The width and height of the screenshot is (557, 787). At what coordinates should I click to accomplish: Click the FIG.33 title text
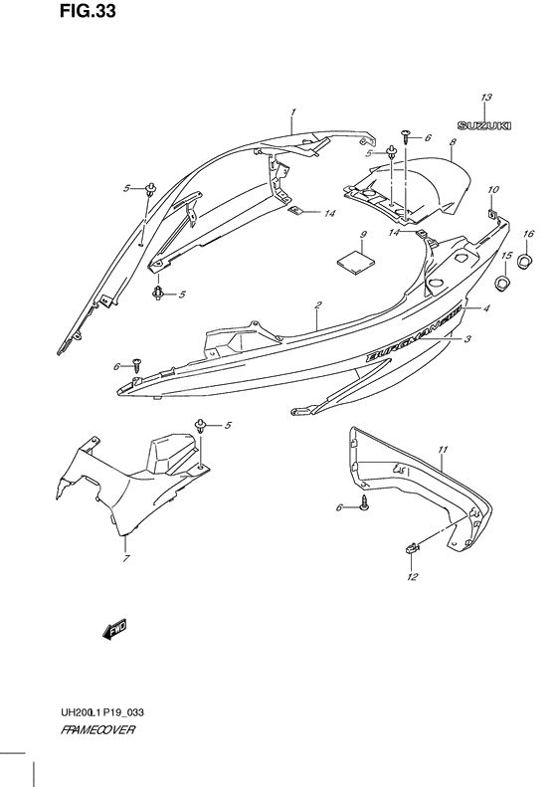click(x=88, y=11)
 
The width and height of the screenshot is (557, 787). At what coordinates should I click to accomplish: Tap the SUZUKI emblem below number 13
click(x=483, y=125)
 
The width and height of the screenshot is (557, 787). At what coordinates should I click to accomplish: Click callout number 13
click(x=485, y=98)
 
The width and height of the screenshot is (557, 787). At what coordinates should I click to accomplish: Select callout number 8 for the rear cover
click(x=453, y=142)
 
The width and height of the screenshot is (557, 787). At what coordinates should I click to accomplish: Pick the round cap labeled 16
click(x=525, y=260)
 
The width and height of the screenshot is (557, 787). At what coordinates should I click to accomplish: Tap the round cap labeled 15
click(x=502, y=284)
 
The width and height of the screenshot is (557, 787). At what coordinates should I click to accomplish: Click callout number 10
click(x=492, y=190)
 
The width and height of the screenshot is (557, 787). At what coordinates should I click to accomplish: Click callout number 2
click(x=318, y=304)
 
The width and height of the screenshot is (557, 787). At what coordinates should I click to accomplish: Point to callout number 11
click(x=442, y=450)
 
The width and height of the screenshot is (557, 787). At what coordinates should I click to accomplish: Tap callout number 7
click(x=126, y=558)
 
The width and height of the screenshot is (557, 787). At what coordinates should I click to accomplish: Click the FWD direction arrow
click(x=115, y=629)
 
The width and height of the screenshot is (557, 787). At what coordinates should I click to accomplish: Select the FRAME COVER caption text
click(x=97, y=729)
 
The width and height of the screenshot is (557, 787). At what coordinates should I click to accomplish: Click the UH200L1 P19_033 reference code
click(x=101, y=712)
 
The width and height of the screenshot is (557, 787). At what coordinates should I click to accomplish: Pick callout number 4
click(x=485, y=309)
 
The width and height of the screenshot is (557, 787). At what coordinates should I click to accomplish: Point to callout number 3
click(x=466, y=340)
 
